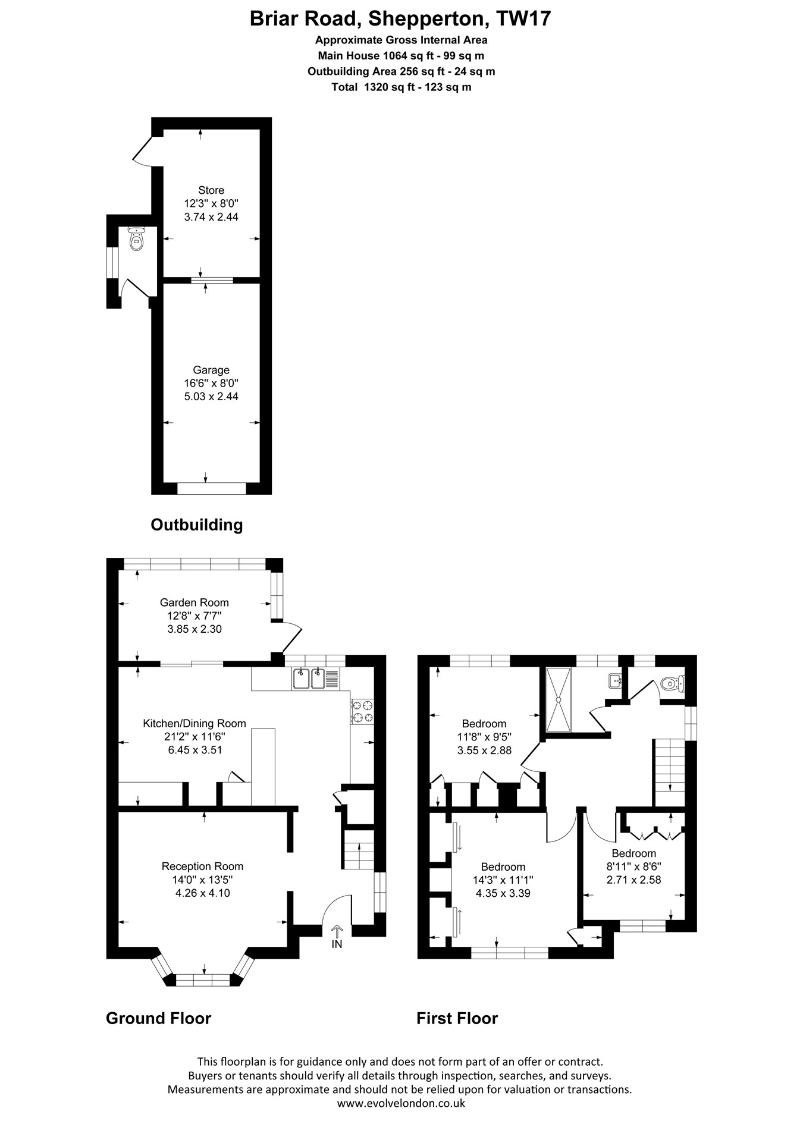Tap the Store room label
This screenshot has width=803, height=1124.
(211, 190)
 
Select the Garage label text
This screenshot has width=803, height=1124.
(211, 370)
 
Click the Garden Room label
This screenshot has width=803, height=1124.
(195, 602)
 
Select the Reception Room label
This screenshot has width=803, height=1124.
(203, 866)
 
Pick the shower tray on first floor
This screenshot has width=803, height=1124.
(559, 699)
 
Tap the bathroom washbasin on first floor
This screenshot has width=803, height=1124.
(615, 680)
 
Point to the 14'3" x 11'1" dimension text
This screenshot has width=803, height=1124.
(503, 880)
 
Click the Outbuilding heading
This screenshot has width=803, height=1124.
(197, 525)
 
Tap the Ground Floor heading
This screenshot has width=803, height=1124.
(159, 1018)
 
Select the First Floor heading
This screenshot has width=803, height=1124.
(457, 1018)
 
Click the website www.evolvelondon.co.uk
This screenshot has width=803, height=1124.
(401, 1103)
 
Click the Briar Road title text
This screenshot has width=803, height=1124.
(400, 19)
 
